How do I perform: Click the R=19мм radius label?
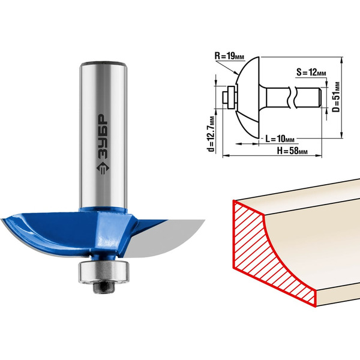point(229,56)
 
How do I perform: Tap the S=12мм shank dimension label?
point(311,73)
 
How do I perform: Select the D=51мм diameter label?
point(336,97)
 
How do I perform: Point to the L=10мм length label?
point(280,139)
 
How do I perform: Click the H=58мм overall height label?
point(292,151)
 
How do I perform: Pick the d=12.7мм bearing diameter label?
point(211,134)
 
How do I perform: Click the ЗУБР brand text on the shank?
point(102,136)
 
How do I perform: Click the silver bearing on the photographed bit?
point(104,272)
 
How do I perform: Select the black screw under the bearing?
point(104,287)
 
